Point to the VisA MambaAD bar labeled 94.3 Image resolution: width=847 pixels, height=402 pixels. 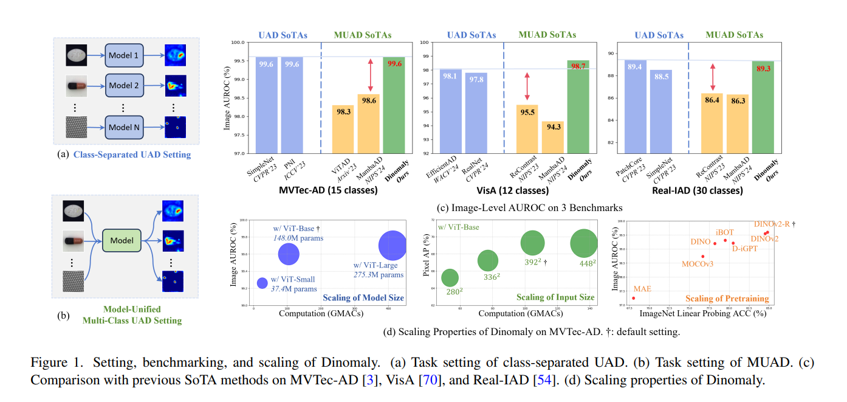tap(552, 136)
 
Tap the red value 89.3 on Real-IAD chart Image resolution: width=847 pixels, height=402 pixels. tap(763, 69)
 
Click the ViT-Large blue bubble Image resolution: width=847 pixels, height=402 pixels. tap(393, 246)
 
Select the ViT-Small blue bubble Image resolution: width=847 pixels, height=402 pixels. tap(262, 283)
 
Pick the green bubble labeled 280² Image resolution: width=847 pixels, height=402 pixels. tap(450, 278)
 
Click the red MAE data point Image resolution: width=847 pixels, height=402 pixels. tap(634, 298)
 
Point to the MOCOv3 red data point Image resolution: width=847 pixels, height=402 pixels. tap(703, 257)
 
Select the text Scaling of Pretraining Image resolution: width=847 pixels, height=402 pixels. tap(727, 299)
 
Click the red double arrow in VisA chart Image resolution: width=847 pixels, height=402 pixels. tap(527, 86)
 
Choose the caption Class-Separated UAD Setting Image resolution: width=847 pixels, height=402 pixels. tap(132, 154)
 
